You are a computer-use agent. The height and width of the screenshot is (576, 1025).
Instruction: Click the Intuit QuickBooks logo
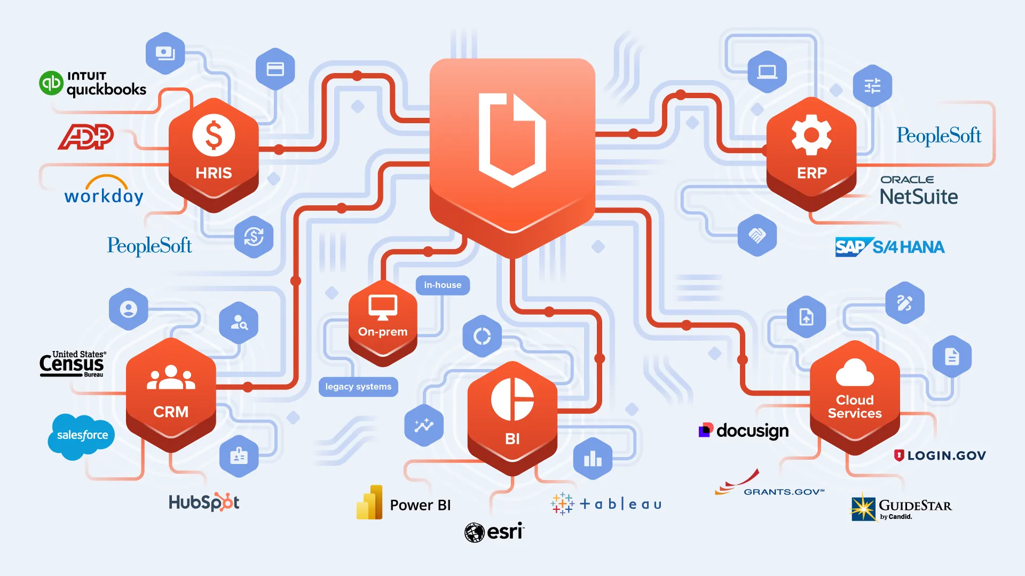(93, 84)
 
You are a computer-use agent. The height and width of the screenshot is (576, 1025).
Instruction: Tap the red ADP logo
(86, 137)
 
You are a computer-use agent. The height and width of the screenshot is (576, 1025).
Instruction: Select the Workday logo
(104, 191)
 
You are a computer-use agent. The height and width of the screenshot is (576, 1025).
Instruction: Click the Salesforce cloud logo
(82, 436)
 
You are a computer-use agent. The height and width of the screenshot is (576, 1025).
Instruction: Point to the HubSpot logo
(204, 502)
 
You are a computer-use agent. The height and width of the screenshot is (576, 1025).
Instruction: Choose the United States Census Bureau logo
(73, 364)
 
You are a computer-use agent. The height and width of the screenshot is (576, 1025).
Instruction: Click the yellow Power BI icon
(369, 502)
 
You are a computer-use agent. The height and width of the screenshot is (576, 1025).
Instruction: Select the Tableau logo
(606, 503)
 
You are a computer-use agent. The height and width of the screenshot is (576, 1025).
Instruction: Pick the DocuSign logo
(744, 430)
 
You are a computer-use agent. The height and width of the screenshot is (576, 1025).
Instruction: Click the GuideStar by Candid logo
(901, 507)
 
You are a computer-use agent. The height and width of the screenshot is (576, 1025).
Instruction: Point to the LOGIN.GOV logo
(940, 455)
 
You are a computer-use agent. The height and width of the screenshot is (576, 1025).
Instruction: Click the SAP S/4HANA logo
(890, 247)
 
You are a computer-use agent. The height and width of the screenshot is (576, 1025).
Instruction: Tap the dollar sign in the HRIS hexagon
(214, 134)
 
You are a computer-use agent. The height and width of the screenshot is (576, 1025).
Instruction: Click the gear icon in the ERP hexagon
(811, 134)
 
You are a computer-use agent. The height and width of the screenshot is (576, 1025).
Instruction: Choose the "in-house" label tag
(443, 285)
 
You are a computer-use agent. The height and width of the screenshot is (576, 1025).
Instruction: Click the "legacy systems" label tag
(358, 387)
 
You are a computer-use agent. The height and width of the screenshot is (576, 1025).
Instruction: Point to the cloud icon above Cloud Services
(855, 372)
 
